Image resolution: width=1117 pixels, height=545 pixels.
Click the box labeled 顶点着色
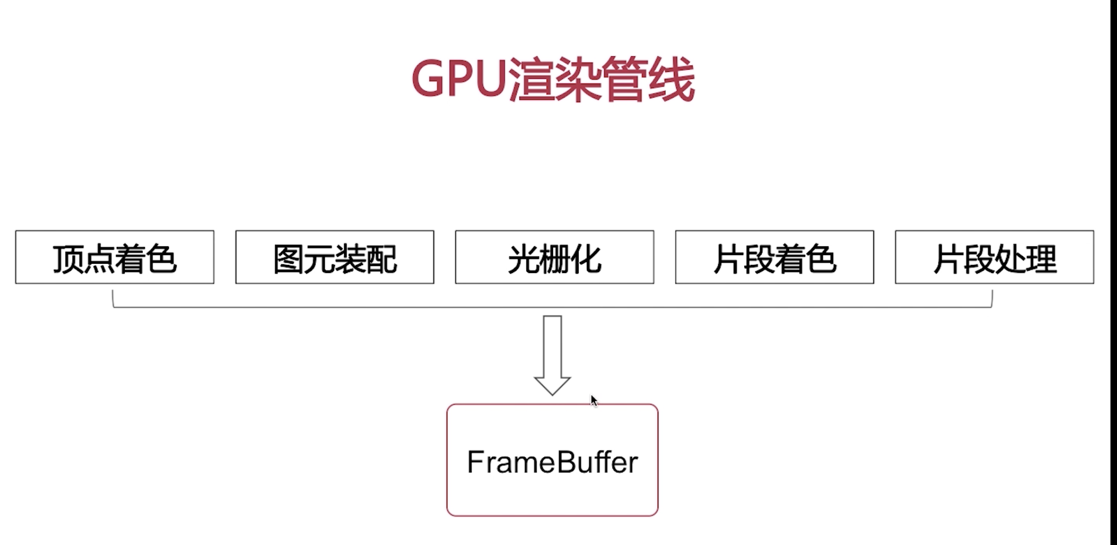pyautogui.click(x=114, y=257)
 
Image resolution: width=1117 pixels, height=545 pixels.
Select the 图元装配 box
pyautogui.click(x=335, y=257)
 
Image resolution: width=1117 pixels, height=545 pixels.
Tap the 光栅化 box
pyautogui.click(x=554, y=257)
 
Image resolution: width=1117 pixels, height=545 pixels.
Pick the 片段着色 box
pyautogui.click(x=774, y=257)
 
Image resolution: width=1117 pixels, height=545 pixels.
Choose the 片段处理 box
pyautogui.click(x=994, y=257)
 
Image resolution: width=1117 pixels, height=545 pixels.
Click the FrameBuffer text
pyautogui.click(x=552, y=462)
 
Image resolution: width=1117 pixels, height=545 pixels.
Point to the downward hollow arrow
pyautogui.click(x=552, y=354)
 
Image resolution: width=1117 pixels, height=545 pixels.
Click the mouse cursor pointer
pyautogui.click(x=593, y=401)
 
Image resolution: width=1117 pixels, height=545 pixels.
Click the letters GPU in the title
pyautogui.click(x=459, y=79)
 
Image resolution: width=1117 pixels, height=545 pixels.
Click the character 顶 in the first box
pyautogui.click(x=68, y=259)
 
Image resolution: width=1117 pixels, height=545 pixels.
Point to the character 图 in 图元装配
pyautogui.click(x=288, y=259)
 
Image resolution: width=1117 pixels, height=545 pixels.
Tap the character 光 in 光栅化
pyautogui.click(x=523, y=259)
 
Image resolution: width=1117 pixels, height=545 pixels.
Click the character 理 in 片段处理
pyautogui.click(x=1041, y=259)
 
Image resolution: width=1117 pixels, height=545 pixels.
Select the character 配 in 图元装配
pyautogui.click(x=381, y=259)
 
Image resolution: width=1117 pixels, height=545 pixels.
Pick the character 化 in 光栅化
pyautogui.click(x=586, y=259)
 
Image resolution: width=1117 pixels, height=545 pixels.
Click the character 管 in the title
pyautogui.click(x=625, y=80)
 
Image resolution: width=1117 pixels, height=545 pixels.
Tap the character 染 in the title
pyautogui.click(x=578, y=80)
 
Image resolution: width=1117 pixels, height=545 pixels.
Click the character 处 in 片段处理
pyautogui.click(x=1010, y=259)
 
